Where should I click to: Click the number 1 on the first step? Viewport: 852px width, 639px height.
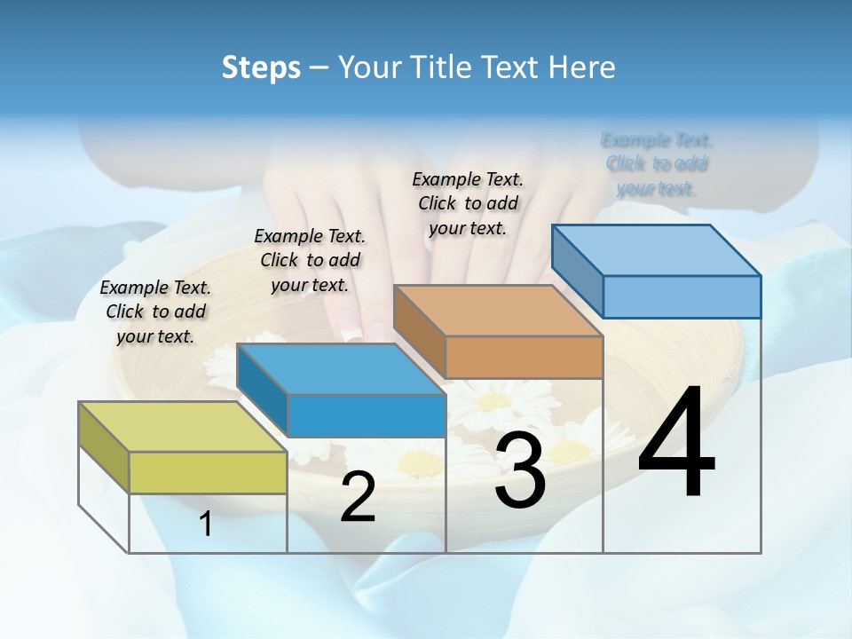pos(206,525)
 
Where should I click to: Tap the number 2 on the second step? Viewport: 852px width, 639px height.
pos(358,498)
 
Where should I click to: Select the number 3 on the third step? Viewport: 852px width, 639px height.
pos(520,471)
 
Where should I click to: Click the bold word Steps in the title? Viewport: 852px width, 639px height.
pos(261,67)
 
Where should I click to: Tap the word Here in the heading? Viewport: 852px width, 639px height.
pos(583,67)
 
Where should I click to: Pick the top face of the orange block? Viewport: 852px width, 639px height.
pos(498,311)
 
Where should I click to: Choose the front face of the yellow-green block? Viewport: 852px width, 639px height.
pos(208,472)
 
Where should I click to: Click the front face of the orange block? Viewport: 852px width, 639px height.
pos(524,357)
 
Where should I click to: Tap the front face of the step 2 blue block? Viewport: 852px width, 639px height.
pos(367,415)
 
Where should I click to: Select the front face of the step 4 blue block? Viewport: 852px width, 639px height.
pos(682,296)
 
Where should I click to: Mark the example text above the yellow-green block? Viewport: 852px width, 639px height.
pos(155,312)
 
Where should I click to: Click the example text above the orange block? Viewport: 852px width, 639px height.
pos(468,203)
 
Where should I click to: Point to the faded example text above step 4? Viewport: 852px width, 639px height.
pos(657,164)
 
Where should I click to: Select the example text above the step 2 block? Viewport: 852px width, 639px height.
pos(310,260)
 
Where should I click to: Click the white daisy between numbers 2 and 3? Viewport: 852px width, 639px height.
pos(421,461)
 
